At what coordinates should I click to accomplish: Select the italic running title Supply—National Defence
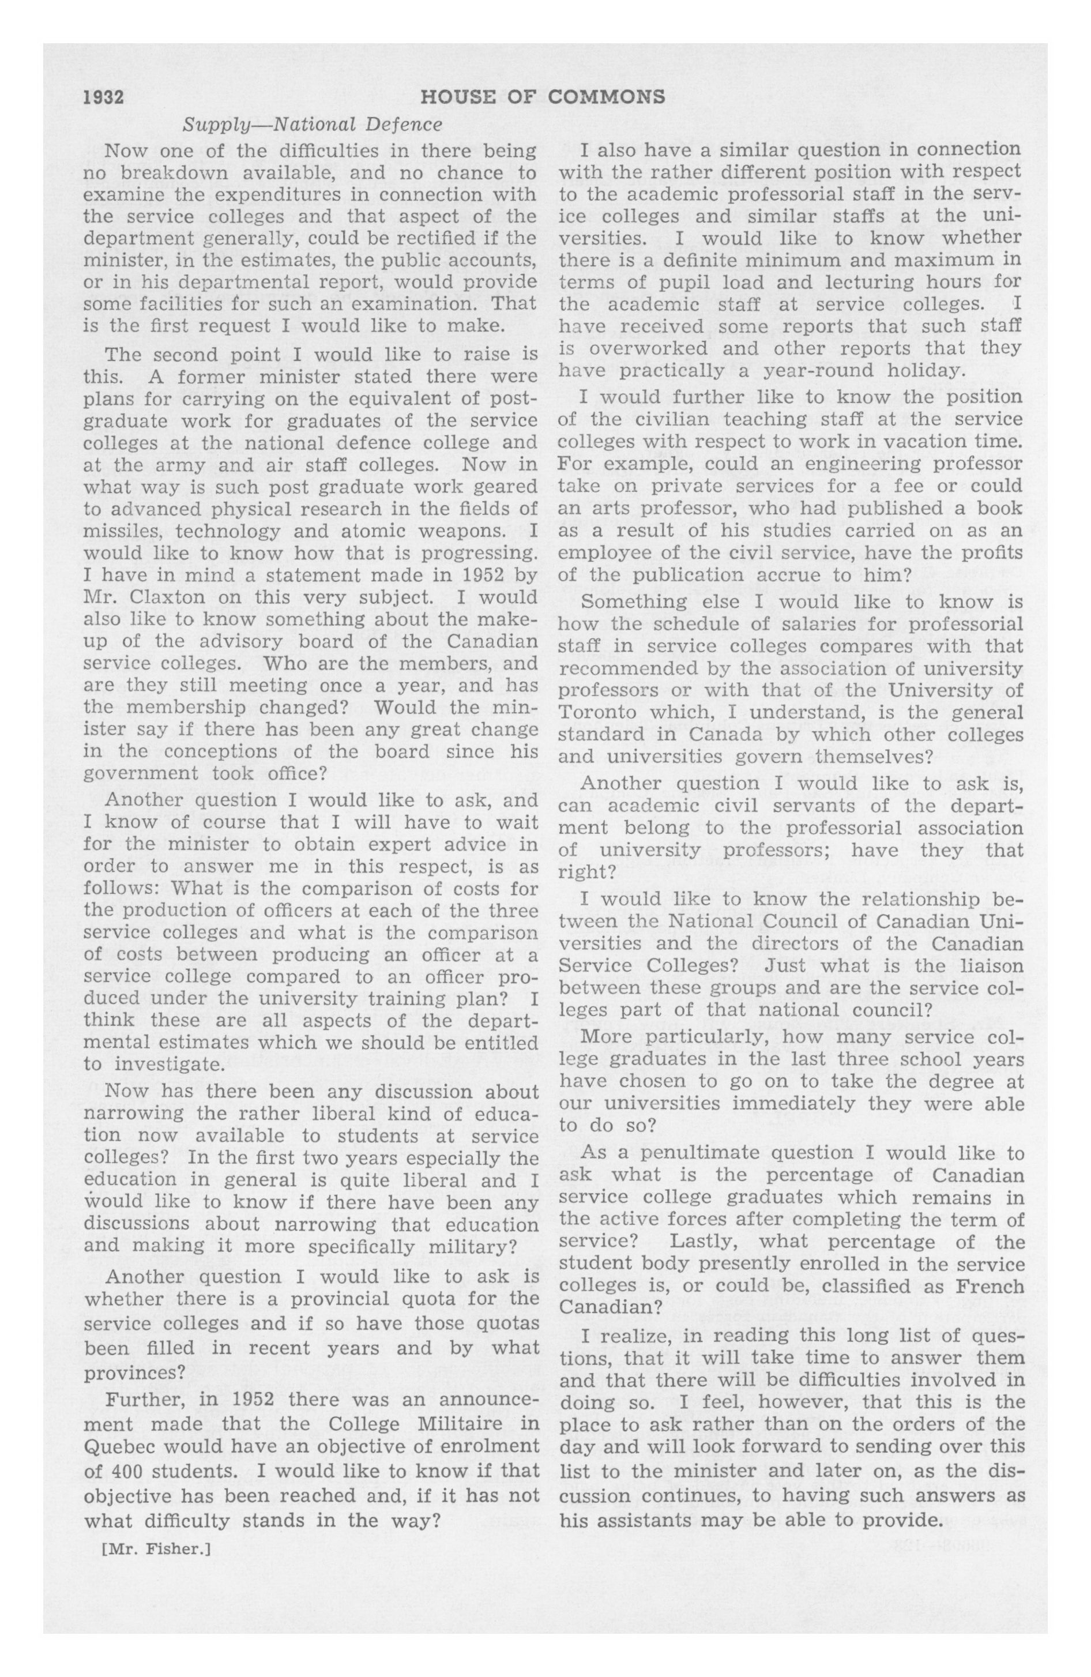312,125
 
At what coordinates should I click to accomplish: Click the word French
990,1287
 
